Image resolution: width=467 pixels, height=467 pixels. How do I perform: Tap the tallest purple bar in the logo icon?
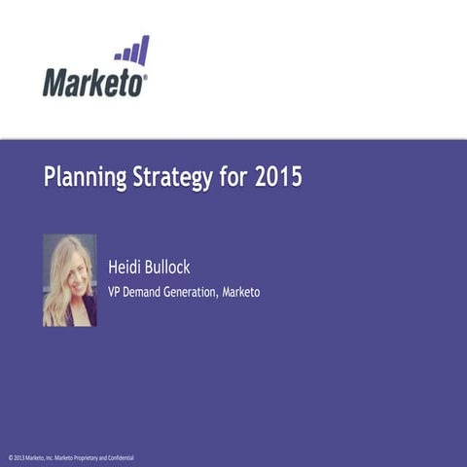[144, 50]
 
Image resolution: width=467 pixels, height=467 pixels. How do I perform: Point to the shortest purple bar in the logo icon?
[117, 58]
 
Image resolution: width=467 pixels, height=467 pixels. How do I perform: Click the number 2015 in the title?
[277, 178]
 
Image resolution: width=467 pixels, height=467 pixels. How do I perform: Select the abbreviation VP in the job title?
[113, 292]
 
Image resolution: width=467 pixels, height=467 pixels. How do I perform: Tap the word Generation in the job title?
[191, 292]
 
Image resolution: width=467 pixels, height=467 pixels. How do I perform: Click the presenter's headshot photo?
[69, 280]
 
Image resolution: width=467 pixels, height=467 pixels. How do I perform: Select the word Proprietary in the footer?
[90, 457]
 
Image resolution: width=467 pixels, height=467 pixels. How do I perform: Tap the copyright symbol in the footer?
[10, 457]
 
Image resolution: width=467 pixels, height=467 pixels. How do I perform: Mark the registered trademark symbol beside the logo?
[146, 76]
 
